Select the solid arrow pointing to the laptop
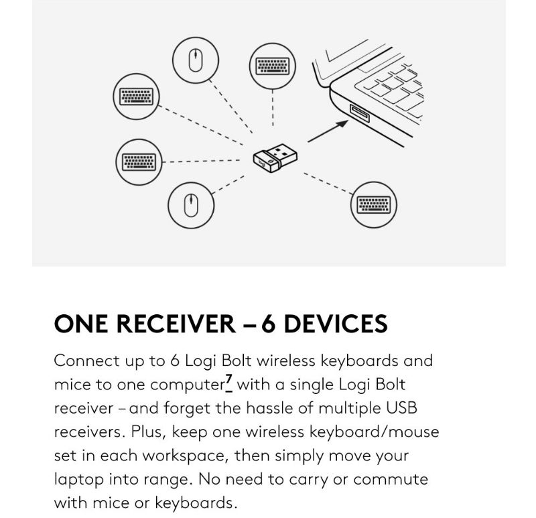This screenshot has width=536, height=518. (328, 131)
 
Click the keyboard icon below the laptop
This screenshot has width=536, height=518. (374, 205)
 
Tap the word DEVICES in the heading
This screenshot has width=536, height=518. (336, 324)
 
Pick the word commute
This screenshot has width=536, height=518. (391, 480)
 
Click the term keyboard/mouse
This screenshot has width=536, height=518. (371, 432)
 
